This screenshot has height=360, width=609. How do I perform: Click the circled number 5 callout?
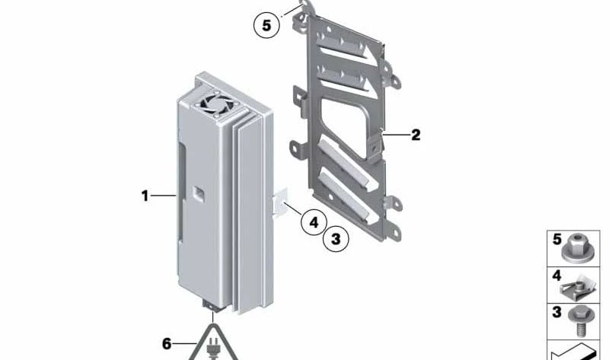click(266, 25)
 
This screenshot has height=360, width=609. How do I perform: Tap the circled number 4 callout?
click(314, 222)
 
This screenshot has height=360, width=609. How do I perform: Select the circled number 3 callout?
click(336, 239)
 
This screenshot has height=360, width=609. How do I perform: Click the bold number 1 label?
click(145, 196)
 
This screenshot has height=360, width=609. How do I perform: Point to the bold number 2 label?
click(416, 135)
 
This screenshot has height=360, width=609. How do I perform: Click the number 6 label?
click(167, 344)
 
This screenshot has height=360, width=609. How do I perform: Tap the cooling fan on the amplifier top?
click(215, 104)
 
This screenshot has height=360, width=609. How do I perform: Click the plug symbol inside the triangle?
click(212, 349)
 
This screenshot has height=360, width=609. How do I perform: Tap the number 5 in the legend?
click(557, 240)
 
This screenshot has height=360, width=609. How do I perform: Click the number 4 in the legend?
click(556, 276)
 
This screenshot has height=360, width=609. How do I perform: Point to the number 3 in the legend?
click(557, 312)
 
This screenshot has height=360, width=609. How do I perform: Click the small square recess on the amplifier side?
click(199, 193)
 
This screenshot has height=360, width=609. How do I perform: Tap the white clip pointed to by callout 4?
click(280, 202)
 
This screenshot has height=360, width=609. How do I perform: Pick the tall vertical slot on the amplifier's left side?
click(182, 191)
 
